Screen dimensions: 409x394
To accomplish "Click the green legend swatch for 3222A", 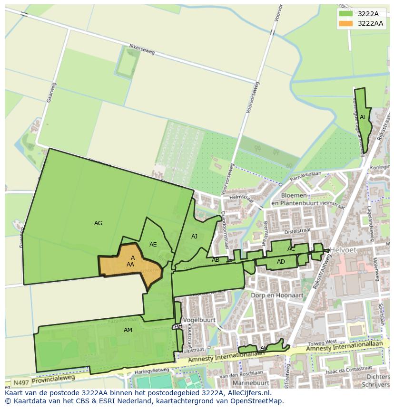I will click(x=346, y=13).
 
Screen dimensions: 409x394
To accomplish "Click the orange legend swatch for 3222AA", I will click(x=346, y=23).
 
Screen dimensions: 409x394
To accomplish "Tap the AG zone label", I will click(x=98, y=223).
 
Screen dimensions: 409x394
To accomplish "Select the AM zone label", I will click(x=128, y=330).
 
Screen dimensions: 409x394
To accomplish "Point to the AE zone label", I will click(x=153, y=245).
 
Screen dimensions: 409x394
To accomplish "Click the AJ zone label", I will click(x=194, y=236).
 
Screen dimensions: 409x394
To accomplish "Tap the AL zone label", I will click(x=363, y=117).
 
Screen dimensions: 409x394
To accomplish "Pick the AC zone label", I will click(x=291, y=249).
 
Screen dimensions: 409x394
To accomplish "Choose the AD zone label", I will click(x=281, y=262).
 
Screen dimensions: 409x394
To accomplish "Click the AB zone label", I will click(x=216, y=260).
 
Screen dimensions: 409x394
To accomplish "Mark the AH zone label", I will click(x=178, y=326).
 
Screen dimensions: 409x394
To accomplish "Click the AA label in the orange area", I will click(x=130, y=265).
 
